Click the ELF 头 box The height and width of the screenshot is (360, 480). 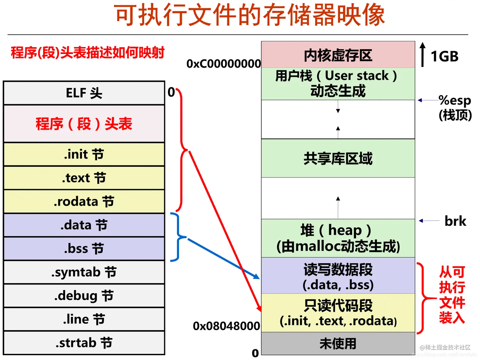pyautogui.click(x=84, y=93)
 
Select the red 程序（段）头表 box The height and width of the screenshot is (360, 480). pyautogui.click(x=84, y=123)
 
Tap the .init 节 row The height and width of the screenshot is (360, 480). pyautogui.click(x=84, y=154)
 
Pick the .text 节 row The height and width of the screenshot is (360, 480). pyautogui.click(x=84, y=178)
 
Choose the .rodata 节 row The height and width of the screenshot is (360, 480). pyautogui.click(x=84, y=201)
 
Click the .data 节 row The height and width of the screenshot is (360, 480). pyautogui.click(x=84, y=225)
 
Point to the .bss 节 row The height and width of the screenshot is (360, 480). pyautogui.click(x=84, y=248)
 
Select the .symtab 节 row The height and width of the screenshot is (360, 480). pyautogui.click(x=84, y=272)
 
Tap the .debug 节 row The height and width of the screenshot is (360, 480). pyautogui.click(x=84, y=296)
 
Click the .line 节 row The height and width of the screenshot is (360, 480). pyautogui.click(x=84, y=319)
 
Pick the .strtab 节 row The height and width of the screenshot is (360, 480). pyautogui.click(x=84, y=343)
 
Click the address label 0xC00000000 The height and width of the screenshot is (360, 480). pyautogui.click(x=223, y=64)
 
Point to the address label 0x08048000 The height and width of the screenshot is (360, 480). pyautogui.click(x=226, y=326)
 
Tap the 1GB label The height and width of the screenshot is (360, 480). pyautogui.click(x=444, y=57)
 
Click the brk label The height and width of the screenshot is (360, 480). pyautogui.click(x=455, y=221)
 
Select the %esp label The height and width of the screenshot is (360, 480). pyautogui.click(x=455, y=100)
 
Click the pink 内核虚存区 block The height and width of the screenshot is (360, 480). pyautogui.click(x=338, y=55)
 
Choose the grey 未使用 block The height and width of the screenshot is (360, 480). pyautogui.click(x=338, y=343)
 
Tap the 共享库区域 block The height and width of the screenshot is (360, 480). pyautogui.click(x=338, y=158)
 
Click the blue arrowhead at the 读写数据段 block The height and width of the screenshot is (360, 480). pyautogui.click(x=257, y=276)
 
